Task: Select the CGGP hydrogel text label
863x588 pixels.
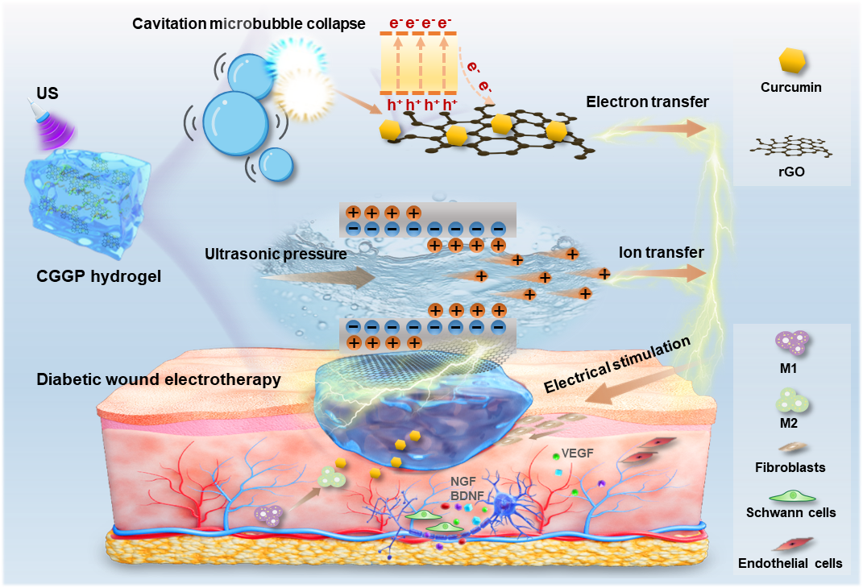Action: (99, 277)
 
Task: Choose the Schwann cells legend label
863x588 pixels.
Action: (790, 512)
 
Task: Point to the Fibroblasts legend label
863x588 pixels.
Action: (790, 466)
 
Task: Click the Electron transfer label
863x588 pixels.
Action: (648, 101)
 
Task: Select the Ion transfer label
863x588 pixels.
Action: (662, 253)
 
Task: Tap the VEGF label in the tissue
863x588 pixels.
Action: (579, 453)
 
